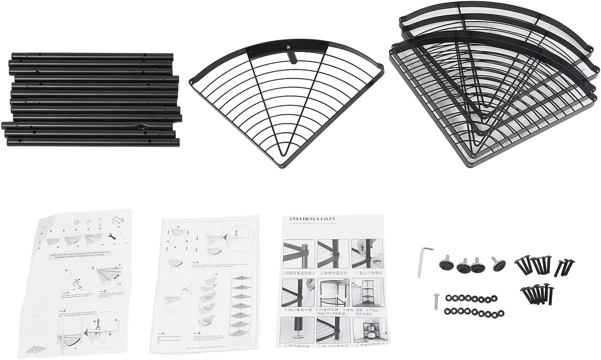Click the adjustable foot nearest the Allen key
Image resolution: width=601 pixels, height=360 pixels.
(x=447, y=263)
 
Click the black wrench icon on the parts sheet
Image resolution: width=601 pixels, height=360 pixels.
(x=111, y=236)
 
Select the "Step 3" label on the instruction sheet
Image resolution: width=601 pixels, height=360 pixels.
(x=62, y=311)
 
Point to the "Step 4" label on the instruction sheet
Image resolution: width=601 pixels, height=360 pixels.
(x=194, y=262)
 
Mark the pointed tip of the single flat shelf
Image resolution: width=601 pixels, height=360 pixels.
(x=282, y=166)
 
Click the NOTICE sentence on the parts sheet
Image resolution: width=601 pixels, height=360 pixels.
(x=80, y=255)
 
